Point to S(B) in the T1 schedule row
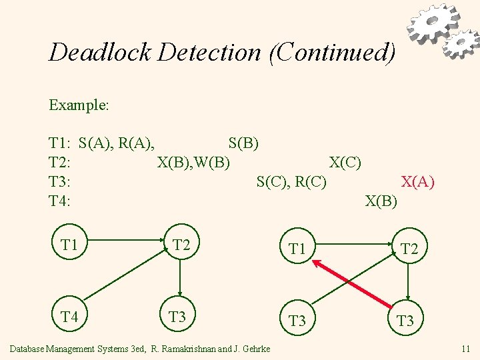pos(243,143)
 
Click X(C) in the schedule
pos(345,162)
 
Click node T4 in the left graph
pos(69,317)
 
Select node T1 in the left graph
pos(69,245)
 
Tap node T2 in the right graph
pos(409,249)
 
